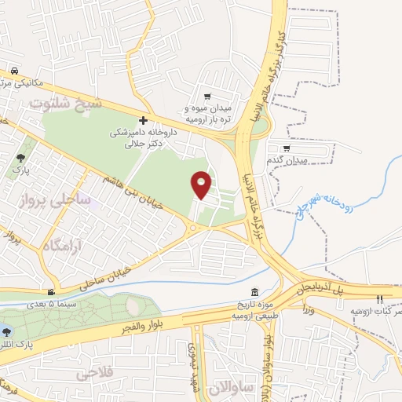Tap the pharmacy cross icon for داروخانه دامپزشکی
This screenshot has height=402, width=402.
pos(143,120)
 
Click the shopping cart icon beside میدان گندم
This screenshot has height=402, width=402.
pos(287,148)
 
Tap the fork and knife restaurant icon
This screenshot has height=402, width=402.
pos(378,299)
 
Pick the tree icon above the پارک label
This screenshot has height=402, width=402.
pos(20,158)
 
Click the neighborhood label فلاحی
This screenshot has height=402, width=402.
pos(97,374)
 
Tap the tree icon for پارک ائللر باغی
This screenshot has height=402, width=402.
pos(6,331)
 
